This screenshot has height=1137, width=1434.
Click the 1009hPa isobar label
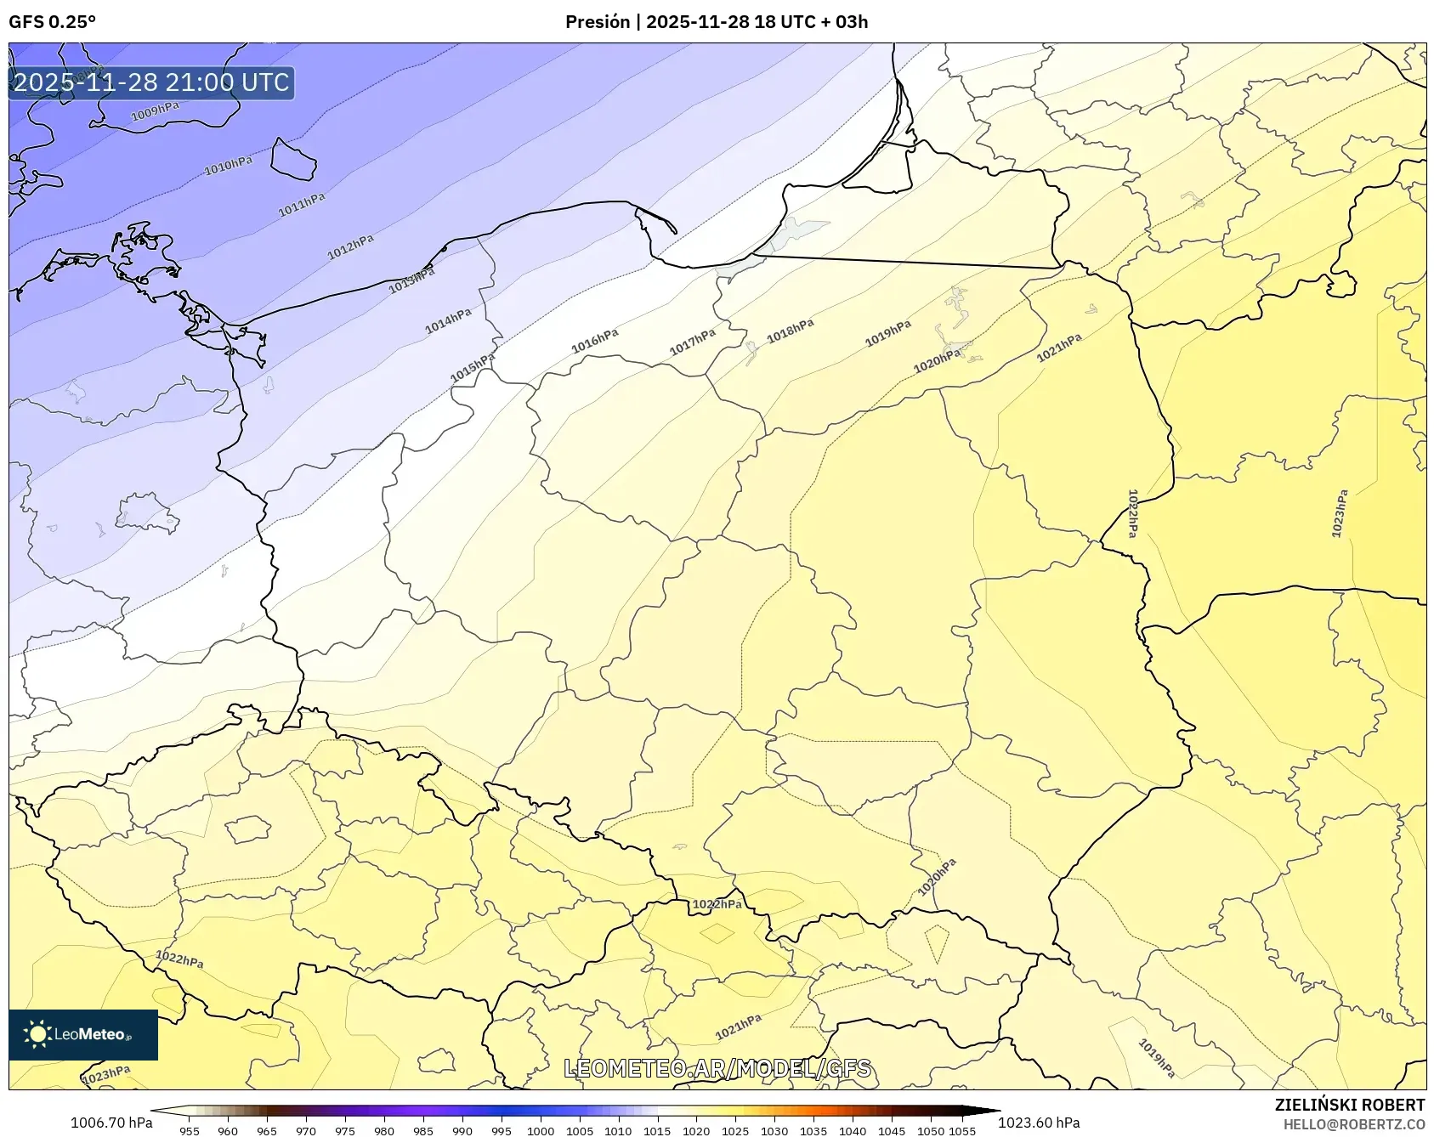click(x=155, y=111)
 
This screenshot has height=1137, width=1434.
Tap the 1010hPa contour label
click(x=228, y=165)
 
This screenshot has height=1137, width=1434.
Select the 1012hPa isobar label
click(x=350, y=246)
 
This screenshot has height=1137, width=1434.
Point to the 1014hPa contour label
click(x=448, y=320)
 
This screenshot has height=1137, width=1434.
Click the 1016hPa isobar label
click(x=594, y=341)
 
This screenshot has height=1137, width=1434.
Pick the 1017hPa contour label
click(x=692, y=342)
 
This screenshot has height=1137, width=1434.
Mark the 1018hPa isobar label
click(x=790, y=331)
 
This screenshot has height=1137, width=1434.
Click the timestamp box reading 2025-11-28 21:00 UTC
click(x=151, y=82)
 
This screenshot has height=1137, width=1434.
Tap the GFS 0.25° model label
click(x=53, y=22)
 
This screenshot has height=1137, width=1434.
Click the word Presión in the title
click(x=598, y=22)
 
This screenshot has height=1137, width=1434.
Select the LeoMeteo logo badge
click(x=83, y=1034)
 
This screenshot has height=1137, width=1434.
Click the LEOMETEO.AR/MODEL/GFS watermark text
click(x=717, y=1068)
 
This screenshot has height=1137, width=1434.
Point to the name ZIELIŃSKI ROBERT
click(x=1349, y=1105)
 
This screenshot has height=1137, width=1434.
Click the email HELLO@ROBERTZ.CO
click(x=1353, y=1124)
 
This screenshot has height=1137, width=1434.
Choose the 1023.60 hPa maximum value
click(x=1039, y=1123)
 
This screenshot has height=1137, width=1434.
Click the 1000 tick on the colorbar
click(x=541, y=1130)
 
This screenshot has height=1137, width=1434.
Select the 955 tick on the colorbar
click(x=190, y=1130)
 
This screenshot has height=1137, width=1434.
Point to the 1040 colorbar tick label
click(x=853, y=1130)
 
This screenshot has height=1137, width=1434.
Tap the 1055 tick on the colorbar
click(x=962, y=1130)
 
